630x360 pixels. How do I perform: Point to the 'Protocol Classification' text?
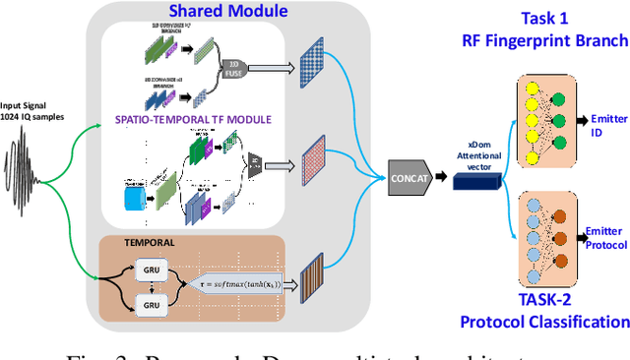pyautogui.click(x=543, y=322)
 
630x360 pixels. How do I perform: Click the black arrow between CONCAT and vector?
pyautogui.click(x=443, y=178)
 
